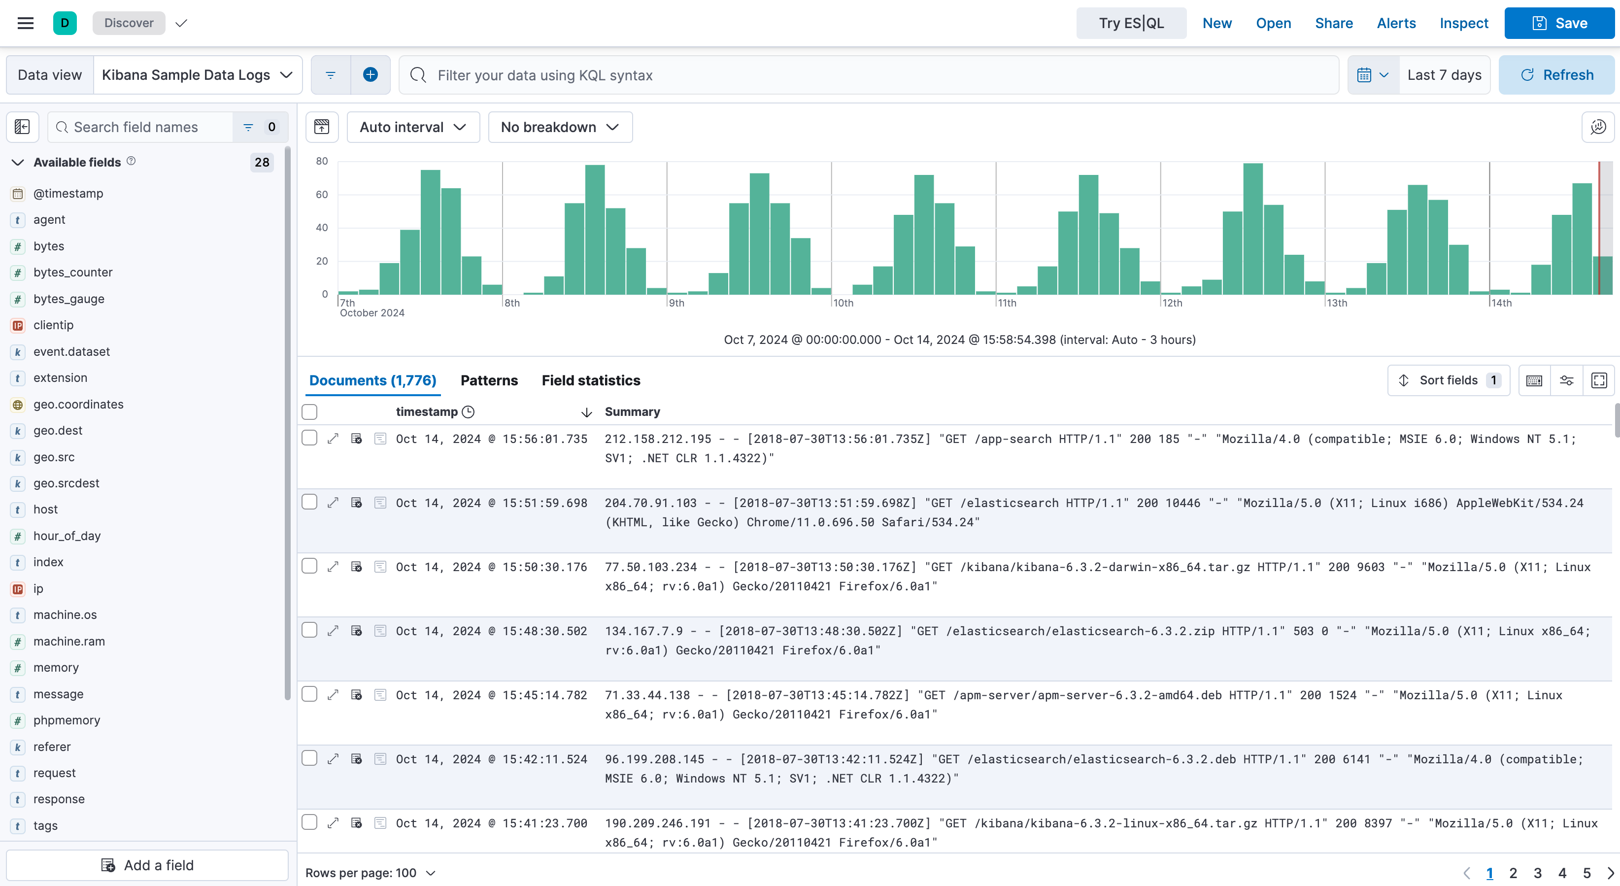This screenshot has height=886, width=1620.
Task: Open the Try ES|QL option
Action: click(x=1131, y=23)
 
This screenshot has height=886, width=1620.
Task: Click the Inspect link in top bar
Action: click(x=1463, y=23)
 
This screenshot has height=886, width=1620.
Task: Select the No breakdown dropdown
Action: click(x=560, y=127)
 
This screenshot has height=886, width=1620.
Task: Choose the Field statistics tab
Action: click(x=591, y=380)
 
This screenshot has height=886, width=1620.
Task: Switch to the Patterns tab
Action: click(x=489, y=380)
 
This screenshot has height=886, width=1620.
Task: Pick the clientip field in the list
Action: click(x=53, y=325)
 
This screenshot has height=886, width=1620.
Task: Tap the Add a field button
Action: click(x=147, y=865)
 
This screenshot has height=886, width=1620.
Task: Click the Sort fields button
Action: click(x=1448, y=380)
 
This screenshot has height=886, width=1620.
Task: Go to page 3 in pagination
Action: click(x=1537, y=873)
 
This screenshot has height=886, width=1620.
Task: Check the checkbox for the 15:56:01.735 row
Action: click(x=309, y=438)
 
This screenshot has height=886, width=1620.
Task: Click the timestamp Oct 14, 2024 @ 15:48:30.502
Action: click(x=491, y=631)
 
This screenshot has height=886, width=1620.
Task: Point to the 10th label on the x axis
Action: click(x=844, y=303)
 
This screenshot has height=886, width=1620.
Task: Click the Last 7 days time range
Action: click(x=1444, y=75)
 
